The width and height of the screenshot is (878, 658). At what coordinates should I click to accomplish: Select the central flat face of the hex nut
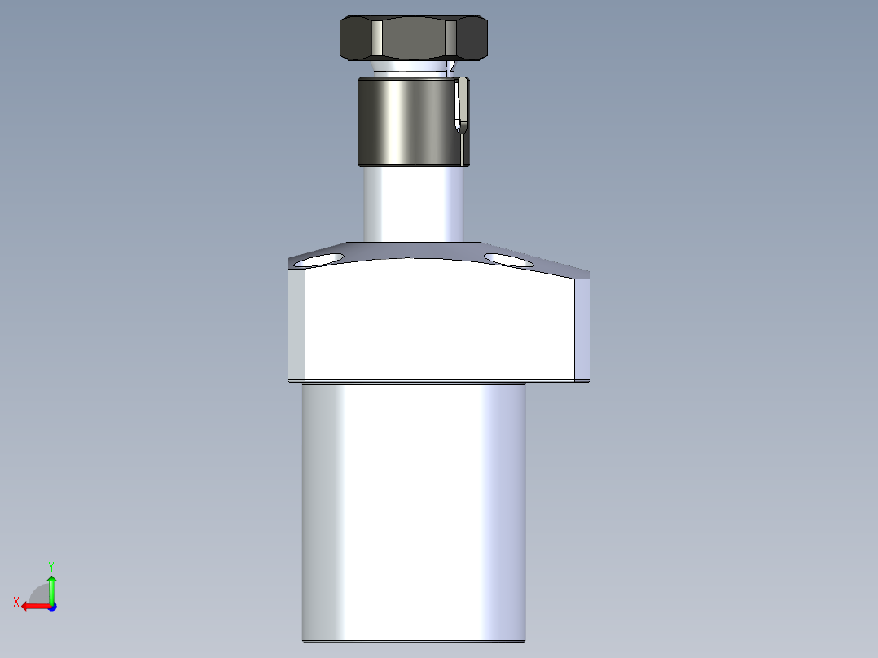pos(413,37)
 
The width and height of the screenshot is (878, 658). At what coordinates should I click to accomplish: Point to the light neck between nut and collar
pos(407,68)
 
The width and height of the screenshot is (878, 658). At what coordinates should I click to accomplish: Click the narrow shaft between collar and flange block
pos(414,204)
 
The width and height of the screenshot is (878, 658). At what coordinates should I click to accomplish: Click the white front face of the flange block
pos(440,322)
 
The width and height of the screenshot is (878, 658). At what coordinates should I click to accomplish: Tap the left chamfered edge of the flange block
pos(296,326)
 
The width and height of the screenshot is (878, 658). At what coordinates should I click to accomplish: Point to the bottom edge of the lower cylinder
pos(414,640)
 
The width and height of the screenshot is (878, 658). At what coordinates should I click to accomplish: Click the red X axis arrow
pos(33,606)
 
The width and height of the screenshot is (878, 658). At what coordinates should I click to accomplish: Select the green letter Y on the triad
pos(50,565)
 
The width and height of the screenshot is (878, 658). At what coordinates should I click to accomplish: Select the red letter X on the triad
pos(16,602)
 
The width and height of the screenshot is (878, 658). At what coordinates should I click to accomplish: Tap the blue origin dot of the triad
pos(51,606)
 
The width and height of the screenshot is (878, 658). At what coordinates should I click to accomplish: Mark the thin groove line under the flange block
pos(414,383)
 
